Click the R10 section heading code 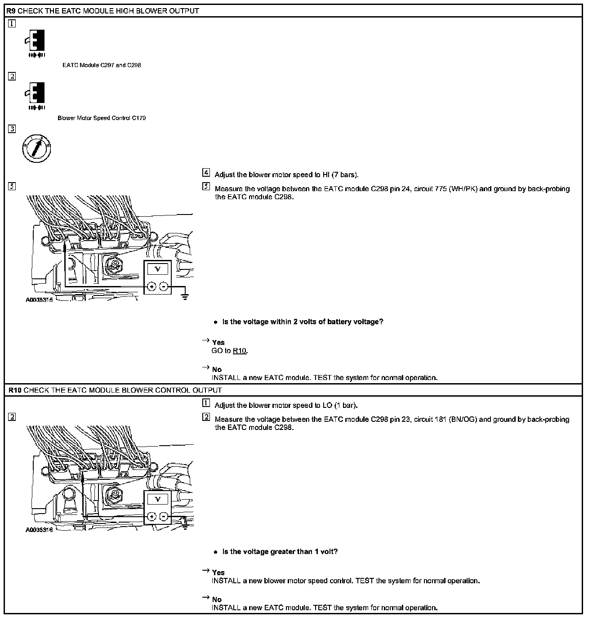[x=14, y=390]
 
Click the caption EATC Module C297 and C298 [x=102, y=65]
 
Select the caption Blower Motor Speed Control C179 [x=102, y=118]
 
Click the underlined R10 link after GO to [x=240, y=351]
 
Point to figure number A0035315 [x=39, y=300]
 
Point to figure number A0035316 [x=39, y=530]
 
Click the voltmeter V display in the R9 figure [x=157, y=269]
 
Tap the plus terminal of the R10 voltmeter [x=151, y=517]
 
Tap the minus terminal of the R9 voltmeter [x=164, y=286]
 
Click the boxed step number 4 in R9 [x=206, y=172]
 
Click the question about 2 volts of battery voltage [x=303, y=322]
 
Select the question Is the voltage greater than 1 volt [x=280, y=552]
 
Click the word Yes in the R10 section [x=218, y=572]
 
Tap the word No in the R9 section [x=217, y=370]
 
